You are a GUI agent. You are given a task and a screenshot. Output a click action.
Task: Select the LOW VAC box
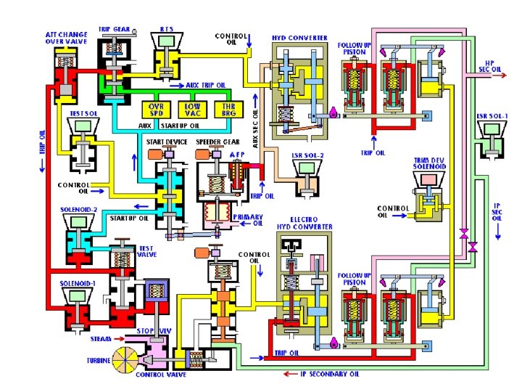[192, 110]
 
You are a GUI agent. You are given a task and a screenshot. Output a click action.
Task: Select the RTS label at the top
[167, 29]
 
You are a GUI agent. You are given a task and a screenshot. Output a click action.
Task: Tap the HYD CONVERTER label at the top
[299, 38]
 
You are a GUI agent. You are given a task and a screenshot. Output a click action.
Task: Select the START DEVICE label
[167, 141]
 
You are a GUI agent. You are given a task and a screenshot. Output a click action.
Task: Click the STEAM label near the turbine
[101, 338]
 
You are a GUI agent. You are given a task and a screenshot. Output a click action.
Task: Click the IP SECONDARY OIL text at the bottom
[331, 375]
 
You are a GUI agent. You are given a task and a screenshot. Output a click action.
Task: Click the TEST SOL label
[83, 113]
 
